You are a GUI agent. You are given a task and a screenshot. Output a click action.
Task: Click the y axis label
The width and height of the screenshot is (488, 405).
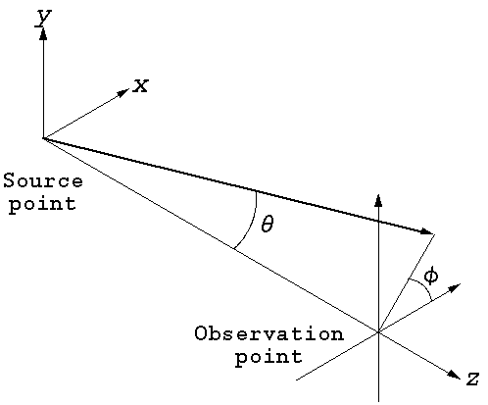pyautogui.click(x=43, y=18)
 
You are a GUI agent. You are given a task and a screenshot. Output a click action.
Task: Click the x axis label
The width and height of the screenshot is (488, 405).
pyautogui.click(x=140, y=86)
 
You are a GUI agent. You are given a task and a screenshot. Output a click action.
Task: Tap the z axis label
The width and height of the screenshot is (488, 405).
pyautogui.click(x=472, y=379)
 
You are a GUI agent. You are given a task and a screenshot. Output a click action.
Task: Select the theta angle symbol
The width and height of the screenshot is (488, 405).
pyautogui.click(x=268, y=225)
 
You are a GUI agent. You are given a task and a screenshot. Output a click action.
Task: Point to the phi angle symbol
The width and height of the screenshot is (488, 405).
pyautogui.click(x=431, y=277)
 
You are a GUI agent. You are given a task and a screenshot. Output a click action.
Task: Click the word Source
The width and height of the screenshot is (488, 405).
pyautogui.click(x=43, y=180)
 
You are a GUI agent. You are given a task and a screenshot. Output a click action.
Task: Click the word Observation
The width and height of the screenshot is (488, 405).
pyautogui.click(x=269, y=333)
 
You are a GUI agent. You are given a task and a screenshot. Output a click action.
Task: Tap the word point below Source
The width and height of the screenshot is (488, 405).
pyautogui.click(x=42, y=204)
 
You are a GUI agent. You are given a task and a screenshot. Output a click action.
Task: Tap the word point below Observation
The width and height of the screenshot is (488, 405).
pyautogui.click(x=268, y=357)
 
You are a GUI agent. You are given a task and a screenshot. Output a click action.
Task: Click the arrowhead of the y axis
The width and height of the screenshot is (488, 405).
pyautogui.click(x=43, y=33)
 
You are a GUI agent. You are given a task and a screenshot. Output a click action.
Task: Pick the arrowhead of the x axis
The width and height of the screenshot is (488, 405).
pyautogui.click(x=123, y=92)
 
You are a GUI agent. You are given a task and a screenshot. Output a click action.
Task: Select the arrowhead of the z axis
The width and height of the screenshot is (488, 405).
pyautogui.click(x=454, y=375)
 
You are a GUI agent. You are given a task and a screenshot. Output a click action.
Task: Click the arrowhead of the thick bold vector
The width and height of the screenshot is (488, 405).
pyautogui.click(x=427, y=231)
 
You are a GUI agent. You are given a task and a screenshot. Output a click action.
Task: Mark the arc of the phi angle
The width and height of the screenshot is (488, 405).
pyautogui.click(x=423, y=287)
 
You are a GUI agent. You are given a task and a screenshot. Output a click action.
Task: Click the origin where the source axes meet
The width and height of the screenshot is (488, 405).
pyautogui.click(x=43, y=138)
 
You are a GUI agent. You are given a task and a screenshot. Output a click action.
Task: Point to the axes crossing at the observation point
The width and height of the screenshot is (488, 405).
pyautogui.click(x=378, y=332)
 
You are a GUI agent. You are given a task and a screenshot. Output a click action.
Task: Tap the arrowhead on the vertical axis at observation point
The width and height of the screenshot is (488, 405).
pyautogui.click(x=378, y=200)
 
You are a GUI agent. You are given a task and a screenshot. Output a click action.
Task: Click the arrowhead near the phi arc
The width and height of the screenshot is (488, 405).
pyautogui.click(x=455, y=287)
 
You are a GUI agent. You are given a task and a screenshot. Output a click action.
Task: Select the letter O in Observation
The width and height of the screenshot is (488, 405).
pyautogui.click(x=201, y=333)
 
